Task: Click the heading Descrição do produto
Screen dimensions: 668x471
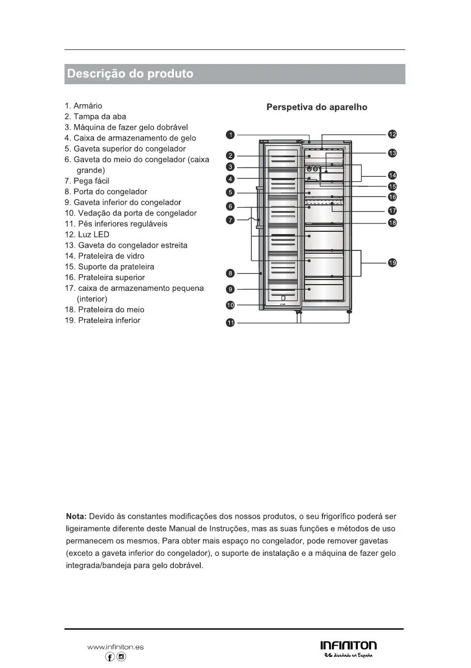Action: (130, 74)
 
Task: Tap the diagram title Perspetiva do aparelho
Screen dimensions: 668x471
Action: (317, 107)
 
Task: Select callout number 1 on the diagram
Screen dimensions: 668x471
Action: (230, 134)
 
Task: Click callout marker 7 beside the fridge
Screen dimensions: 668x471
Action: (230, 219)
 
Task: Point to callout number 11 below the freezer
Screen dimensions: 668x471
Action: (230, 322)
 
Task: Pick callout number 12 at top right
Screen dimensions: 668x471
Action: (392, 134)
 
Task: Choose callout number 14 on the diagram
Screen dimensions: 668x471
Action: (392, 175)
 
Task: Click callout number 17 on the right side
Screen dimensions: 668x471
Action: (392, 211)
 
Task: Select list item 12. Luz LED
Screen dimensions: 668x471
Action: (87, 234)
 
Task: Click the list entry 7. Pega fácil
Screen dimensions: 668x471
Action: (87, 181)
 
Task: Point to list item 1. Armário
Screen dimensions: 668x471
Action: (84, 106)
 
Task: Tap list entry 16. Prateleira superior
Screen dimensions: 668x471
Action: (105, 277)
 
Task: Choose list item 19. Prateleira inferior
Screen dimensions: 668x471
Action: (103, 320)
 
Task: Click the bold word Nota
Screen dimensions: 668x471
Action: (76, 515)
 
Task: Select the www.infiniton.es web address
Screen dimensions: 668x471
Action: (116, 647)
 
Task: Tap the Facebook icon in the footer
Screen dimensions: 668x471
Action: (110, 657)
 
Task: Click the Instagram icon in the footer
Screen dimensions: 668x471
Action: (121, 657)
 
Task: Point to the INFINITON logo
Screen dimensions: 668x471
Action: (348, 646)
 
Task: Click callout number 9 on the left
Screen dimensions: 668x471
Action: (230, 289)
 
